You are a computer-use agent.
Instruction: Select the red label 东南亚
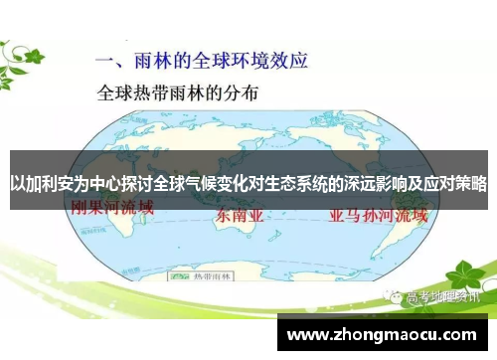238,215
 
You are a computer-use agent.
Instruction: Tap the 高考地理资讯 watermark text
436,269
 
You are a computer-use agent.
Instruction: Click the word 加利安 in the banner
51,185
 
